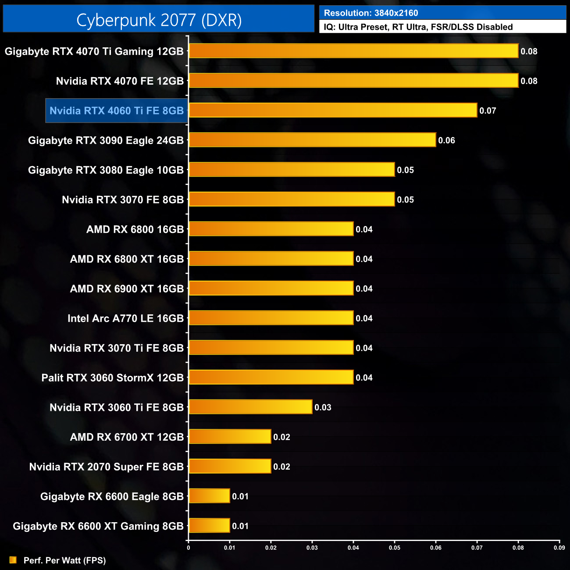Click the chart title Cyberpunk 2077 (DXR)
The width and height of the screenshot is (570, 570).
(159, 20)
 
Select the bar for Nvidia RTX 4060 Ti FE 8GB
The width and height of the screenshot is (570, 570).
(333, 110)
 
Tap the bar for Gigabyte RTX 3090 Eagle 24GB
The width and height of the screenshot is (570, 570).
(312, 140)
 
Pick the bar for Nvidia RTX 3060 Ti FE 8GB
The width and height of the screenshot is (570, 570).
(250, 407)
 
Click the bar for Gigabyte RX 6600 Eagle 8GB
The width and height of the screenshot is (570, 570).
(209, 496)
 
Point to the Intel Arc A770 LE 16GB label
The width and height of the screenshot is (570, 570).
(125, 318)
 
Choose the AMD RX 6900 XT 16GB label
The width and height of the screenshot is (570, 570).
(127, 289)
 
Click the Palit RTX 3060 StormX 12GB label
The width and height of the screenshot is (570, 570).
(112, 378)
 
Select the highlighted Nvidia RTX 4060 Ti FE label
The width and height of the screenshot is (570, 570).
(117, 111)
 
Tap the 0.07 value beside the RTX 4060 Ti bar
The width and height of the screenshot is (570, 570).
(488, 111)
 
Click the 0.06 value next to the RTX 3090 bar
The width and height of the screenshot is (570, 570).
(446, 141)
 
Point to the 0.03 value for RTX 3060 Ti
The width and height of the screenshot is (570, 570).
(323, 408)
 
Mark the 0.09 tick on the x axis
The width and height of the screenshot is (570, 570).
(559, 548)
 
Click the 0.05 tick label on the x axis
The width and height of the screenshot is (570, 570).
(394, 548)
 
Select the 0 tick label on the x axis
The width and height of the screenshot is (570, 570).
(189, 548)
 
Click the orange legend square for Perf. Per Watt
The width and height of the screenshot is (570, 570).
(13, 560)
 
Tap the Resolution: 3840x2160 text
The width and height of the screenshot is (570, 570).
(371, 13)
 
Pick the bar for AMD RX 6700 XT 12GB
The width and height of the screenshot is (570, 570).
(230, 437)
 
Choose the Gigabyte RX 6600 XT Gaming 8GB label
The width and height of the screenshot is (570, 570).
(98, 526)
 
